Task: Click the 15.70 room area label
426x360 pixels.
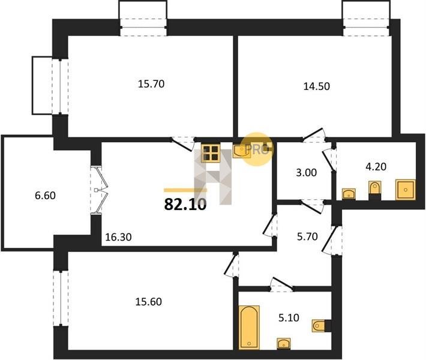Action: click(x=151, y=84)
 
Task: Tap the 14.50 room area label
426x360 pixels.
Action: click(x=317, y=86)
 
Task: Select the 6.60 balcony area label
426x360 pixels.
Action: click(x=45, y=196)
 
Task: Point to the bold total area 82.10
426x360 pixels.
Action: click(x=185, y=205)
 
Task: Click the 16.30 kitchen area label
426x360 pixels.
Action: click(x=118, y=237)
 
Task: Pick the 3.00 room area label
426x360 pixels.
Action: click(x=306, y=173)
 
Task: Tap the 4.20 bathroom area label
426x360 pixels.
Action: click(x=376, y=167)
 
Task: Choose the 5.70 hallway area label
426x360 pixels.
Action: click(x=307, y=236)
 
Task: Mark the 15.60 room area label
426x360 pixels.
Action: click(x=149, y=302)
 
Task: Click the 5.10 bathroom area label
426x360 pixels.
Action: click(x=289, y=317)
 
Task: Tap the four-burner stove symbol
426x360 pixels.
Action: click(x=211, y=153)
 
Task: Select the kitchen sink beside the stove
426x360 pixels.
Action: click(x=242, y=151)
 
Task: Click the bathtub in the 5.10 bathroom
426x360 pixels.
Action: click(x=249, y=328)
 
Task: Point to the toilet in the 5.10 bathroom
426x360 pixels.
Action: click(x=319, y=325)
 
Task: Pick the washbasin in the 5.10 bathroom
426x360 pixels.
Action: click(x=284, y=344)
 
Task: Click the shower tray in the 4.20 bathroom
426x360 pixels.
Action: click(x=406, y=190)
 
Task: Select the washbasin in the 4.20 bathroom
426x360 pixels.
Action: click(x=349, y=194)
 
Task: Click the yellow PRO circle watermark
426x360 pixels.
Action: click(x=257, y=149)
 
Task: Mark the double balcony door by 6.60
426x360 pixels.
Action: click(x=100, y=190)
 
